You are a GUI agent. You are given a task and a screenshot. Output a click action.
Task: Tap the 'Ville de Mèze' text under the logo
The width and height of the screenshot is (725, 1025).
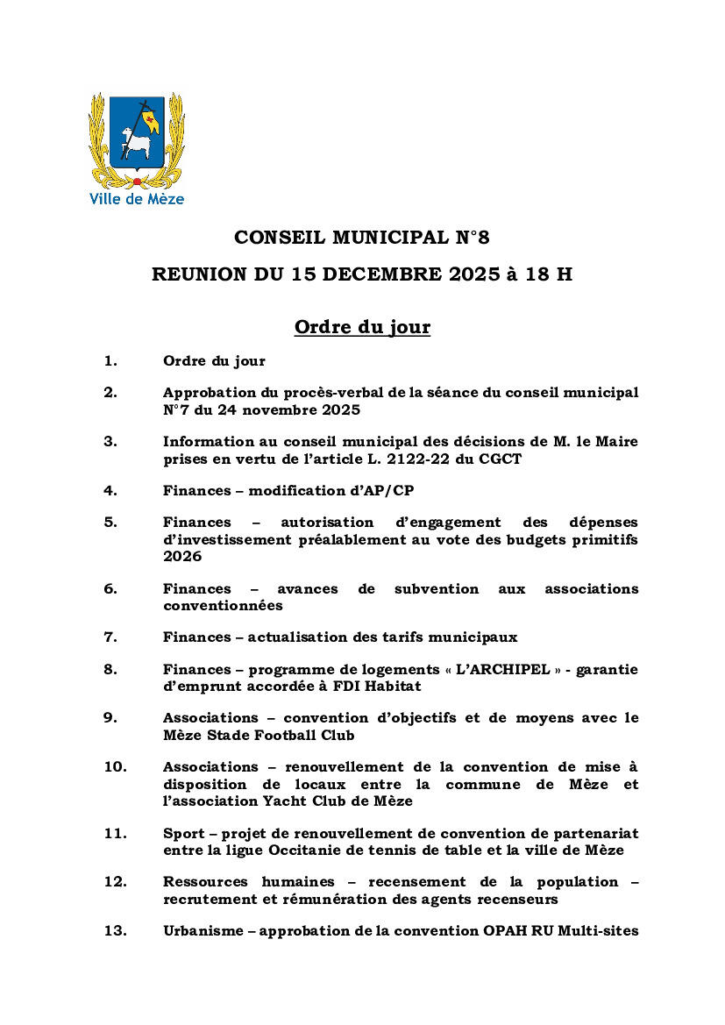pyautogui.click(x=137, y=199)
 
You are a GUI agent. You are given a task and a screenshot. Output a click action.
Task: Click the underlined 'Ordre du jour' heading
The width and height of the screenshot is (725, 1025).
pyautogui.click(x=362, y=328)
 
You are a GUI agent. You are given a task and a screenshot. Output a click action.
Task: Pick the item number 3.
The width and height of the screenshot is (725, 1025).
pyautogui.click(x=110, y=441)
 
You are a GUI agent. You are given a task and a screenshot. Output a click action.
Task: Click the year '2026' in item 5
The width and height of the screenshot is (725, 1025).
pyautogui.click(x=181, y=556)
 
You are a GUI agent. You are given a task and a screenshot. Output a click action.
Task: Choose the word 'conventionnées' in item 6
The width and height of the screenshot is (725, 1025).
pyautogui.click(x=223, y=605)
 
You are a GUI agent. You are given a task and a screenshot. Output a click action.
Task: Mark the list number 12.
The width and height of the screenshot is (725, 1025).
pyautogui.click(x=115, y=881)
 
